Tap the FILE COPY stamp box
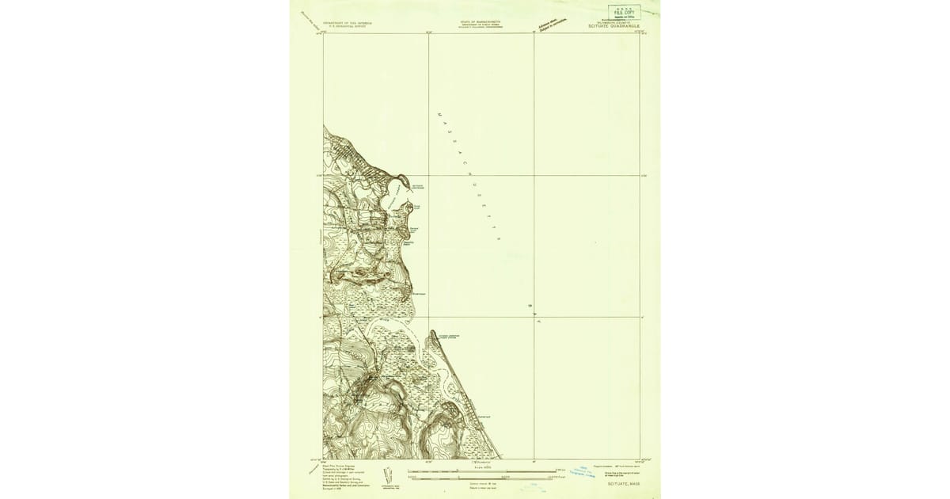click(625, 12)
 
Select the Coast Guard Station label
click(449, 337)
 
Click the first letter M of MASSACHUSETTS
click(439, 116)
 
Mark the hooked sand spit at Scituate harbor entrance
click(410, 207)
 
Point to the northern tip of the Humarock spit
click(432, 333)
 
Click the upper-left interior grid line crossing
click(429, 175)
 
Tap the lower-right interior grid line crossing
click(534, 318)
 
